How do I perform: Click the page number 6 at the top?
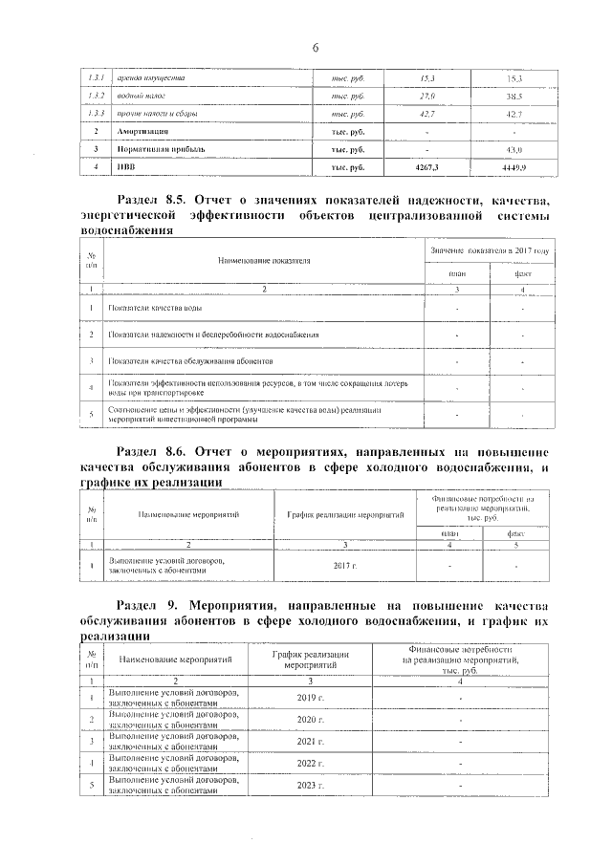pos(315,49)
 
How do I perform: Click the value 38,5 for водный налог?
pos(513,97)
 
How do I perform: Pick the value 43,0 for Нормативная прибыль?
pos(513,150)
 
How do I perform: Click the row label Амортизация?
pos(142,132)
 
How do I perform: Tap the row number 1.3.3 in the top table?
pos(95,114)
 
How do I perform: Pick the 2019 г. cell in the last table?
pos(312,698)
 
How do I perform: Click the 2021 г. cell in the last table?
pos(312,741)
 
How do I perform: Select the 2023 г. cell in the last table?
pos(312,785)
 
